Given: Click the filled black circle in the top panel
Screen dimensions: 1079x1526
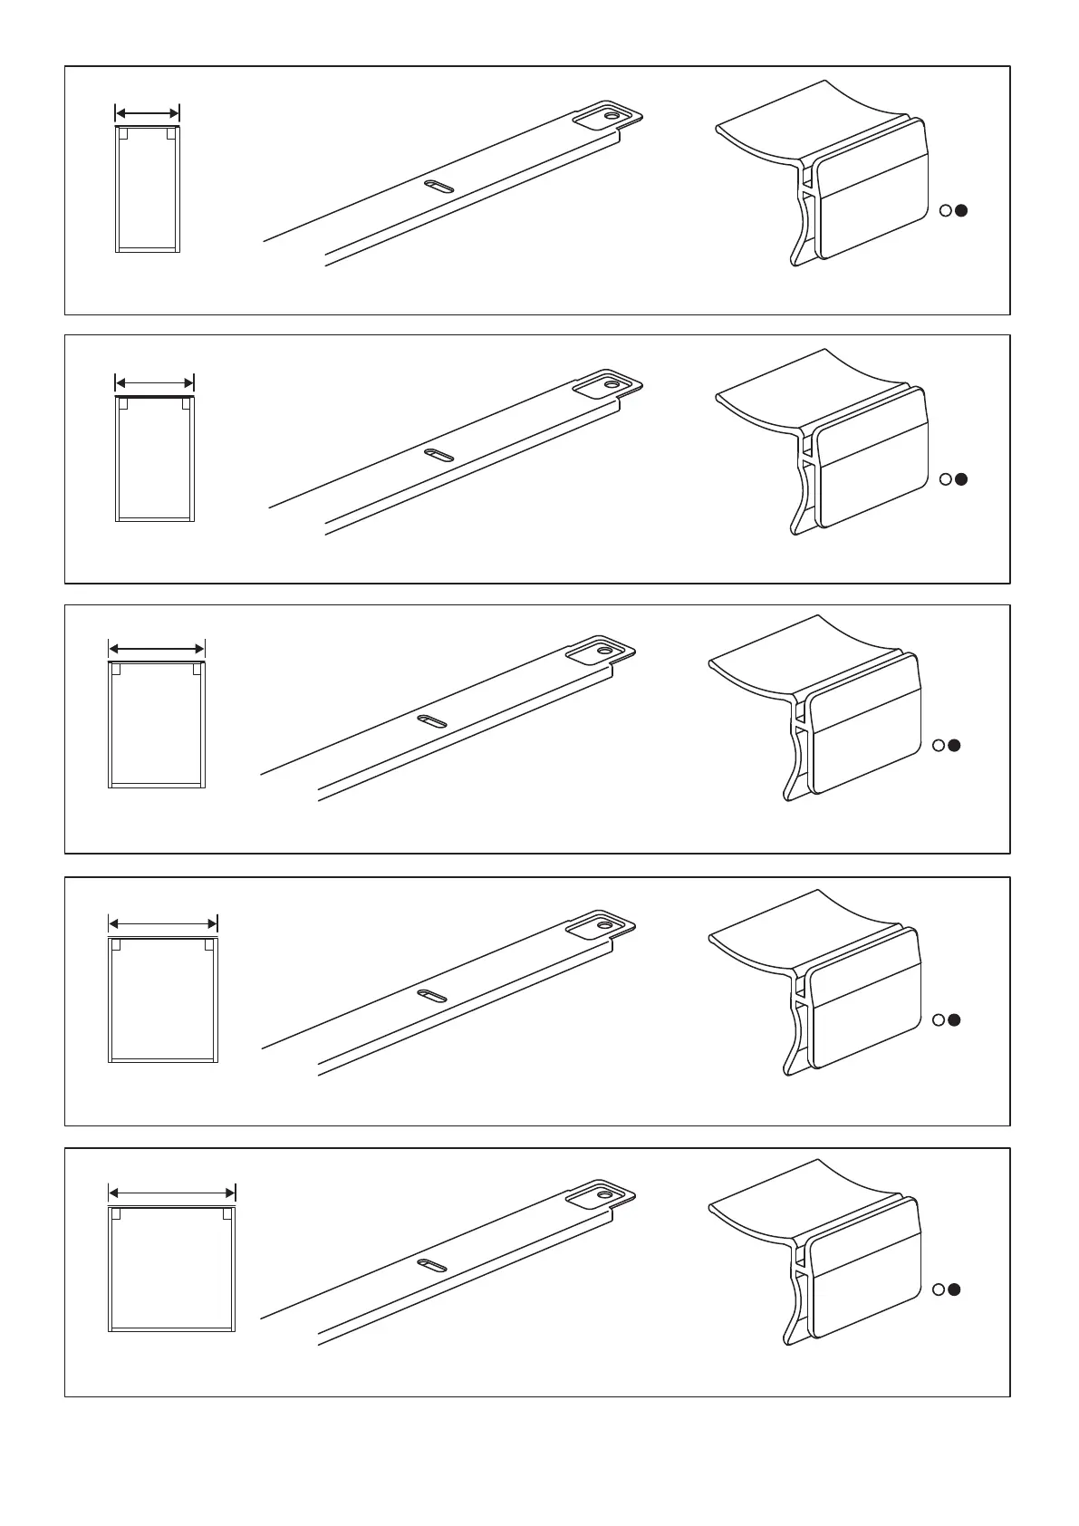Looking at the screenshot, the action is [x=962, y=210].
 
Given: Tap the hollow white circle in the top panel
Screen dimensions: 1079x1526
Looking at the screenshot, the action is [x=946, y=210].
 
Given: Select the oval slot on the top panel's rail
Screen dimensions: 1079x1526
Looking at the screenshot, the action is [x=438, y=187].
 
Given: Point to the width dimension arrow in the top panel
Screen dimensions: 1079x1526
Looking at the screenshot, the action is [x=148, y=113].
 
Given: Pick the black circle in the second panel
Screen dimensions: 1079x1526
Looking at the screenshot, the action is [x=962, y=479].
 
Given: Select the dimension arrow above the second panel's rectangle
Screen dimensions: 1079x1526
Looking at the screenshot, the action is [x=155, y=381].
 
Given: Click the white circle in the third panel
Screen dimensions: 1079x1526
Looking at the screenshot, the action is [x=939, y=746].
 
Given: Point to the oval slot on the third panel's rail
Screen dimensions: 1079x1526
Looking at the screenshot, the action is [x=431, y=721].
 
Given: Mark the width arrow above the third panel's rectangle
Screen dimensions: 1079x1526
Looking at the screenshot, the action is [x=157, y=649].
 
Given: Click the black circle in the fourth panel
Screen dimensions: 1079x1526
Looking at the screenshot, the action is [x=955, y=1020].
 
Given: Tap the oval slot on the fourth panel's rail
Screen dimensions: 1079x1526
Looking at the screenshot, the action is [x=431, y=996].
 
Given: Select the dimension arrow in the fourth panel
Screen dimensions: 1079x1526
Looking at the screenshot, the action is [x=163, y=924].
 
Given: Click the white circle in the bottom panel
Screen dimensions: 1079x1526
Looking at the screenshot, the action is [x=939, y=1289].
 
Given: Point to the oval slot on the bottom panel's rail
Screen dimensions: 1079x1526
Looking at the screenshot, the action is [x=431, y=1265].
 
